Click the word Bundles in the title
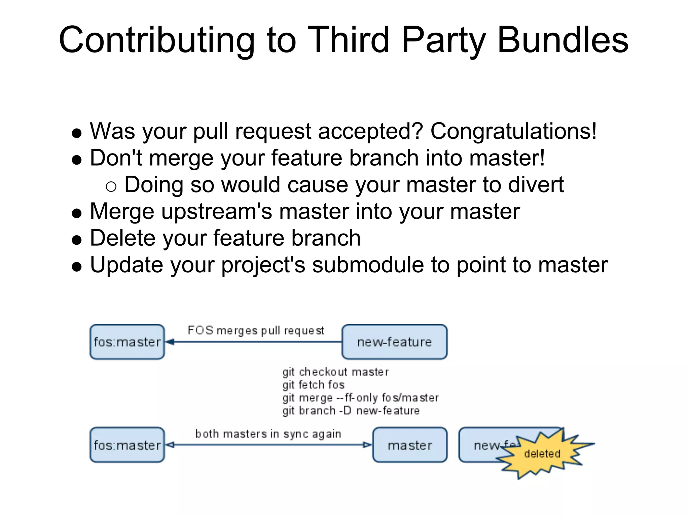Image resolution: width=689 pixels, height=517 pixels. (563, 40)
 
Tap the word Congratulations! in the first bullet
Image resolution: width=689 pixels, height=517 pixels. (513, 131)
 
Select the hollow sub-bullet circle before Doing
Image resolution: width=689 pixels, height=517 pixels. (111, 186)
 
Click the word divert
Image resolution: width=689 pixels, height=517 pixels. (536, 185)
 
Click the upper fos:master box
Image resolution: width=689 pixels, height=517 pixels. (127, 342)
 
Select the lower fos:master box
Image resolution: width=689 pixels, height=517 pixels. (127, 445)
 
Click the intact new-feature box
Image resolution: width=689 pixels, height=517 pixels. (394, 342)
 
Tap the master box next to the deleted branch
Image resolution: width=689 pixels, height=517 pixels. (410, 445)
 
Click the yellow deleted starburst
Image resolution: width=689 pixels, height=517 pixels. (542, 453)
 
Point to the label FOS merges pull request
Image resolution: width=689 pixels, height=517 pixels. (256, 331)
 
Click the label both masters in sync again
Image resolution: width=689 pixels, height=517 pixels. (268, 434)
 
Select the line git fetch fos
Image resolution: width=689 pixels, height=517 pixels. (314, 385)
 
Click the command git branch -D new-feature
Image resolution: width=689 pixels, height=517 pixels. (351, 411)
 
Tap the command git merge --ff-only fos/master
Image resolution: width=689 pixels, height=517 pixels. (360, 398)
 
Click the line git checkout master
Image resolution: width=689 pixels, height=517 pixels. (335, 372)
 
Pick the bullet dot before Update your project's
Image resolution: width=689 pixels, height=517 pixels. (77, 267)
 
